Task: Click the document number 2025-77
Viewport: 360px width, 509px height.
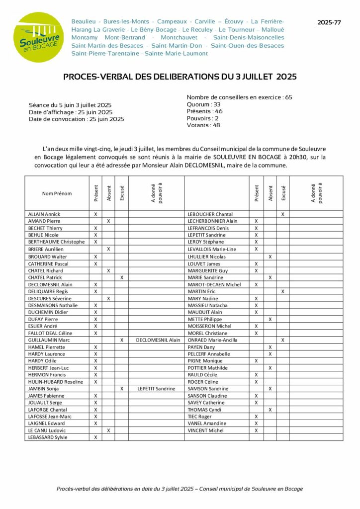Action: point(330,23)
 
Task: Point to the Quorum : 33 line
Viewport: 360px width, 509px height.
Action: point(203,104)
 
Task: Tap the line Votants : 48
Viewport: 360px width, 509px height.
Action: point(203,125)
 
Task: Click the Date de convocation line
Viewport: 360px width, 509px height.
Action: point(77,119)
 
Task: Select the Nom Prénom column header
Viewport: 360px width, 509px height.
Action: point(57,193)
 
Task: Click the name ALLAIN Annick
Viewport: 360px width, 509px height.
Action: point(44,214)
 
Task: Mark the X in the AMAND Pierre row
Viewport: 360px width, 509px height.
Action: point(108,221)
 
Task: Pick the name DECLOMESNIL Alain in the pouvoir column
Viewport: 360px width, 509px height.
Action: point(158,340)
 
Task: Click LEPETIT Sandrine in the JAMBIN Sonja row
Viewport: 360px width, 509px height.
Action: point(158,389)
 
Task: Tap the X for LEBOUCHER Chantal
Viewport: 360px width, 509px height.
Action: point(283,214)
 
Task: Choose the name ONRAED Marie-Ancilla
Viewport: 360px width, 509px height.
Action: point(212,340)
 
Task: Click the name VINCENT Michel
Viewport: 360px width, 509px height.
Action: point(205,430)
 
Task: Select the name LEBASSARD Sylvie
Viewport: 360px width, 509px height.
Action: point(48,437)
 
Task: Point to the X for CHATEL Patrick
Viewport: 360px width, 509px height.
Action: point(122,277)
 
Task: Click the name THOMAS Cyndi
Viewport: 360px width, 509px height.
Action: point(204,410)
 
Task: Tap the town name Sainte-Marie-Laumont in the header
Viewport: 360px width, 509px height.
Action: point(176,53)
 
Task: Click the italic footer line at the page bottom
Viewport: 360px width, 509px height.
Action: point(180,489)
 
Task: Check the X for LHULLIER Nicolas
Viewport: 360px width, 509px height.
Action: point(270,256)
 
